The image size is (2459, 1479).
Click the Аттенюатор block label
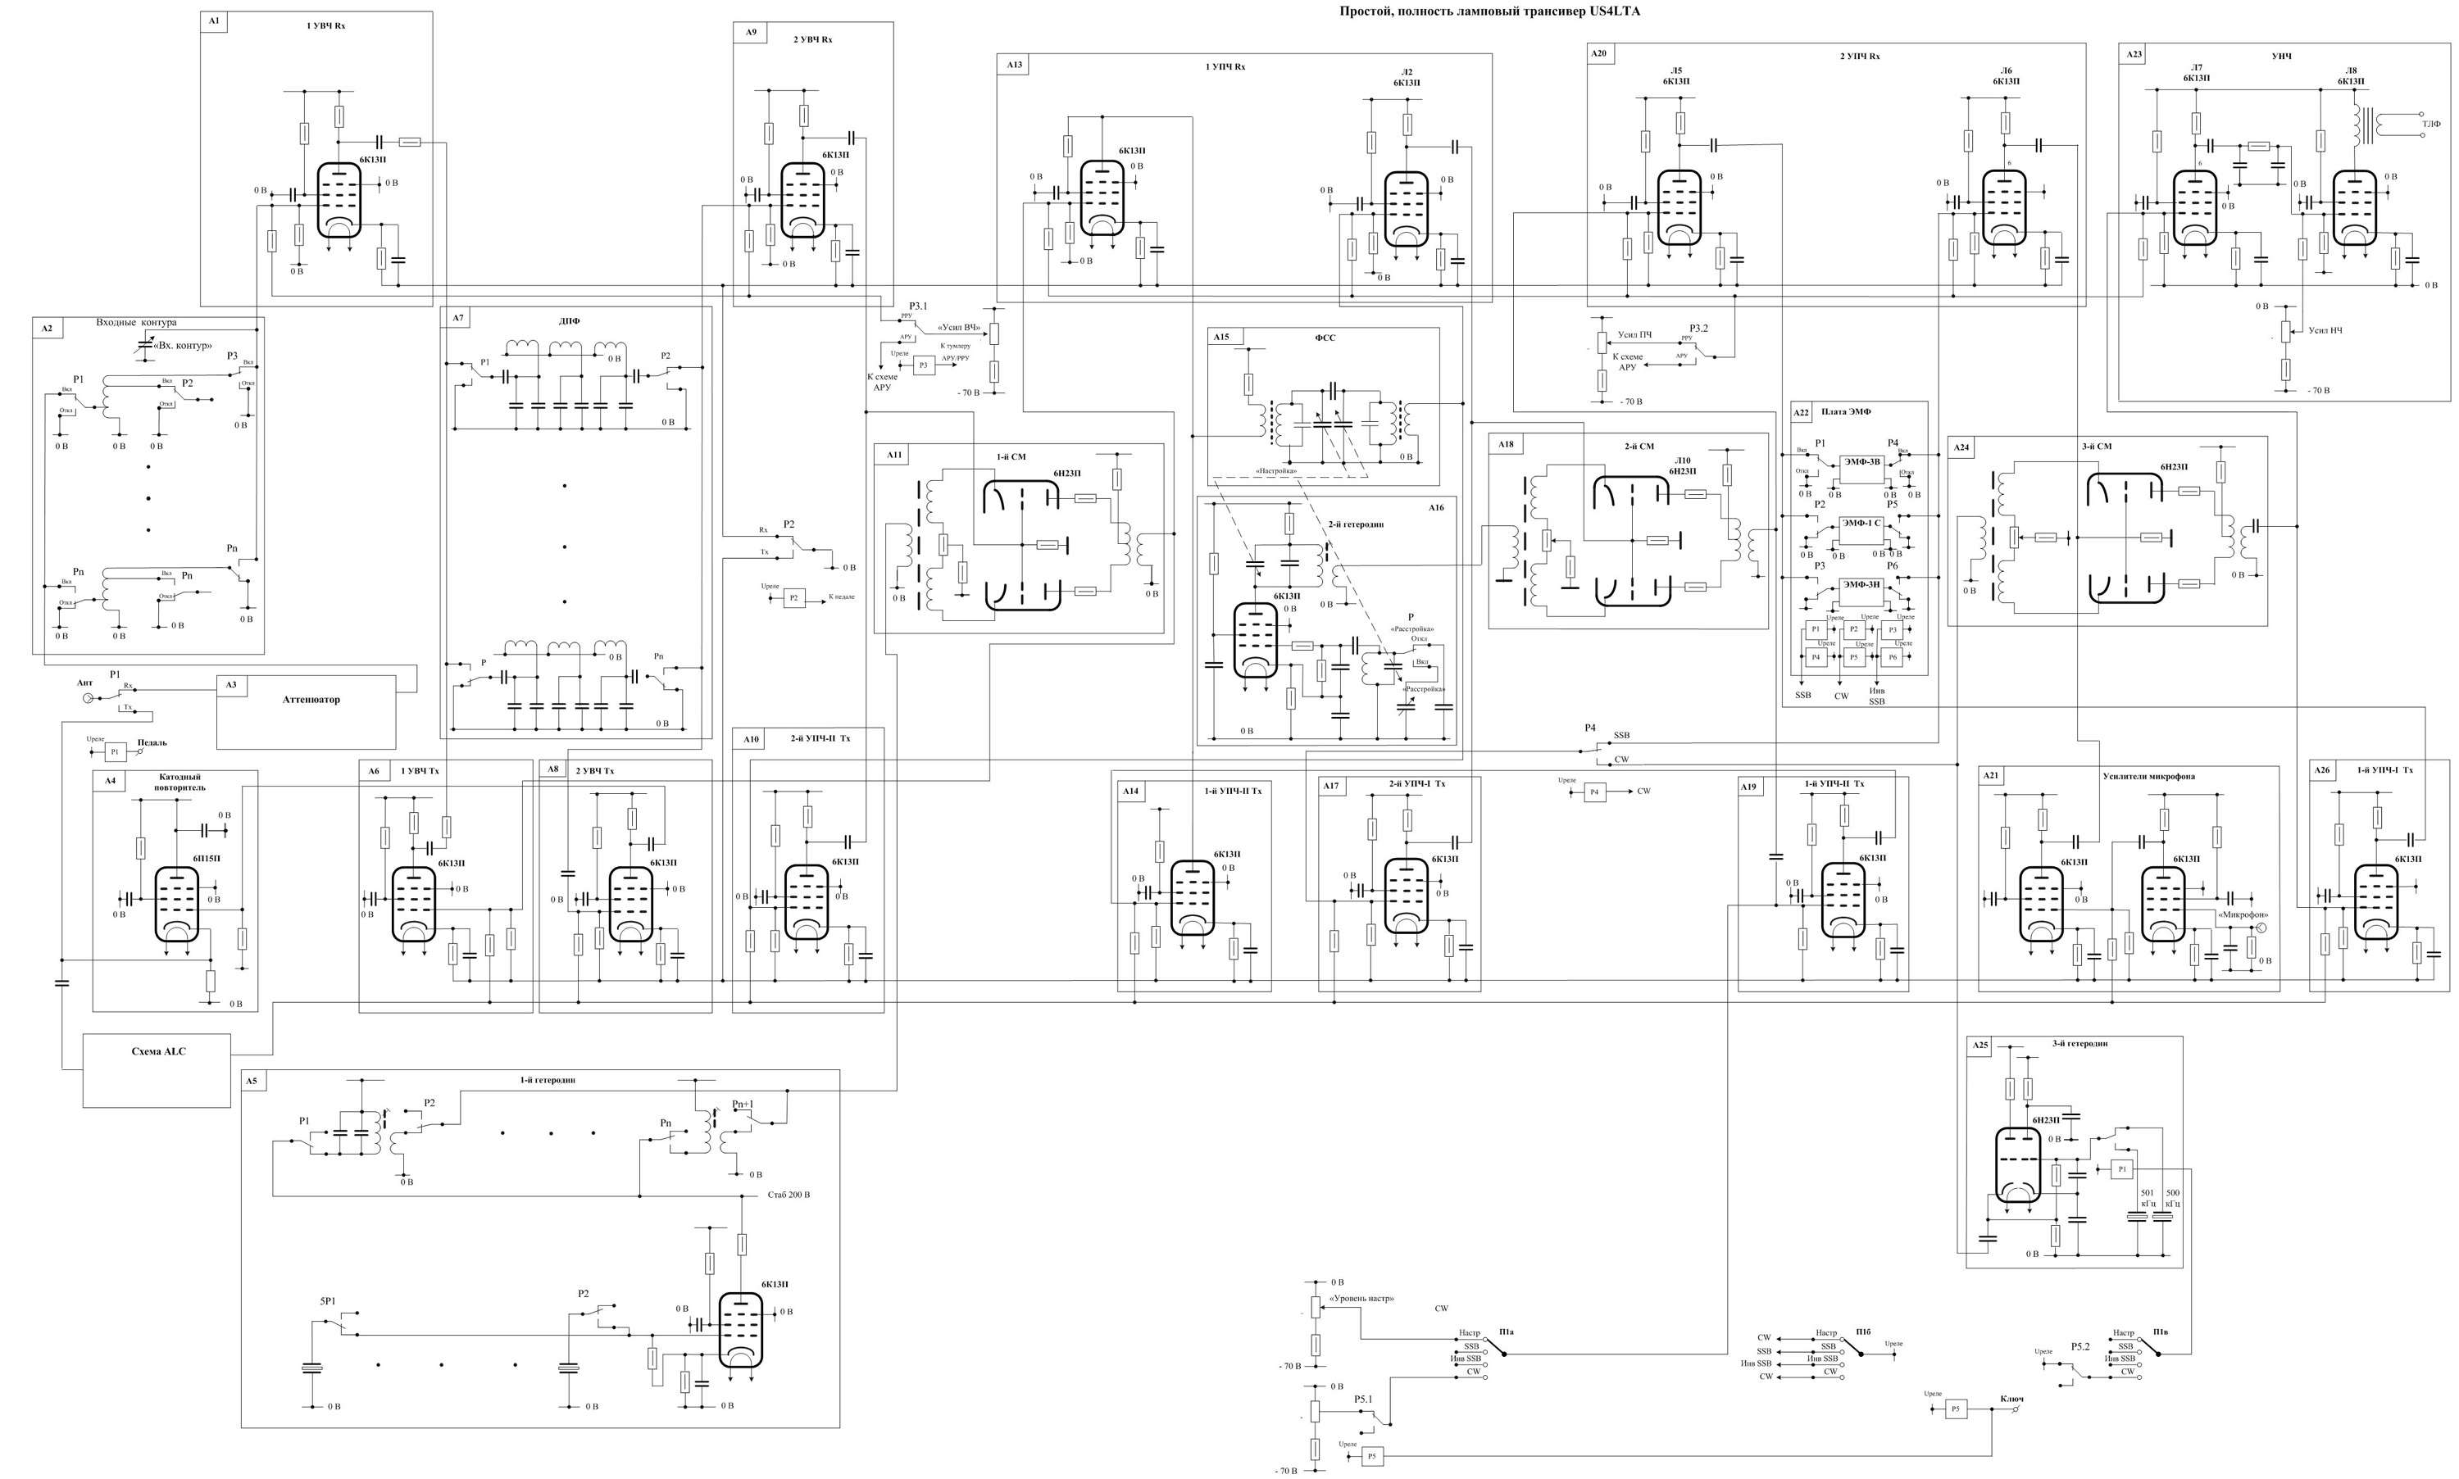coord(311,700)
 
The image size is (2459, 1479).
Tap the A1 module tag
coord(213,20)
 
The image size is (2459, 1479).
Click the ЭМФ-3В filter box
coord(1860,461)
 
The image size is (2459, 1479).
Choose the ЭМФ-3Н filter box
coord(1860,585)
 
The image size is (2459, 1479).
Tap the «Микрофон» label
coord(2238,914)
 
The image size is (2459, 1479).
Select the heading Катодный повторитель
coord(180,783)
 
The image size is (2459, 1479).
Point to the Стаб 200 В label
coord(789,1194)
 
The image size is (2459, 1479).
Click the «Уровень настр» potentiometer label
coord(1362,1299)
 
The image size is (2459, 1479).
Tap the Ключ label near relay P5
coord(2011,1398)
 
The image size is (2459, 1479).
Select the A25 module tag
coord(1979,1046)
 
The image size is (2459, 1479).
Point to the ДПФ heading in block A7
coord(569,321)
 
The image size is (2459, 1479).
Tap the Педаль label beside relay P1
coord(152,742)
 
